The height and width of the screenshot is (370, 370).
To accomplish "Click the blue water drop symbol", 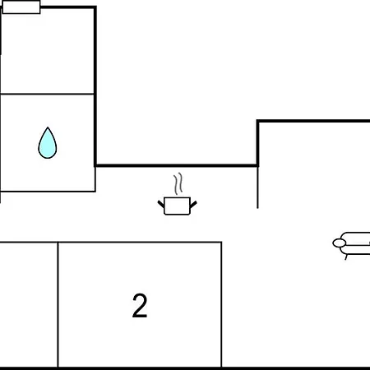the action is point(48,143).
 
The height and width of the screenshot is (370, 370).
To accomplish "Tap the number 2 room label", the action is point(140,305).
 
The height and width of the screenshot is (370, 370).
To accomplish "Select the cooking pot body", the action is point(177,206).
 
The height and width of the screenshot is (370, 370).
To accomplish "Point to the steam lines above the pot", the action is point(178,183).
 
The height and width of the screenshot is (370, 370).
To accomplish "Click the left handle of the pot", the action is point(161,204).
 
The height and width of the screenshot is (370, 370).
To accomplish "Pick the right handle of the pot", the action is point(193,204).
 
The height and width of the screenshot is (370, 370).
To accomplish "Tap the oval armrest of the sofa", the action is point(340,243).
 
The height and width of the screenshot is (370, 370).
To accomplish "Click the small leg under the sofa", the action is point(346,257).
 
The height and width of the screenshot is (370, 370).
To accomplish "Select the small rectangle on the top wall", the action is point(21,7).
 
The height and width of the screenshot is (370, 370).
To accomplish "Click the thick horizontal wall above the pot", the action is point(177,165).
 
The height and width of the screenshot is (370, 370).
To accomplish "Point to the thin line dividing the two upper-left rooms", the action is point(47,94).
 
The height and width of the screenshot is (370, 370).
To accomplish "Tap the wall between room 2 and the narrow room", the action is point(58,304).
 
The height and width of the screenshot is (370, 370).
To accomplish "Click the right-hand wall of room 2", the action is point(221,304).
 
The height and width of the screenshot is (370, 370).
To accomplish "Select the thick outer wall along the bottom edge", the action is point(185,368).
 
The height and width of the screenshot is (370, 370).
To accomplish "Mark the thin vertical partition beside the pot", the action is point(257,187).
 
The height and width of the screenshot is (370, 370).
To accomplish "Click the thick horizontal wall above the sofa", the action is point(314,121).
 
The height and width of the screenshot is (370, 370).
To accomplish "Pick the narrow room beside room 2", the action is point(29,305).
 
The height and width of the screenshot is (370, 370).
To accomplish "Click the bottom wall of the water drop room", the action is point(48,192).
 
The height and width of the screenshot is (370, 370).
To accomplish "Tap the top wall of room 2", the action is point(140,243).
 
